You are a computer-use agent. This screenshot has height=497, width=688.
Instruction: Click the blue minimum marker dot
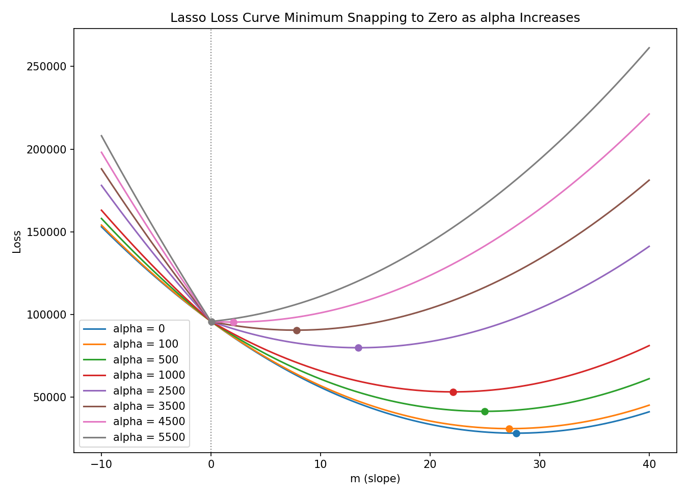pyautogui.click(x=516, y=433)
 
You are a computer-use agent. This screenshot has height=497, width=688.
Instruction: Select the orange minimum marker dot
pyautogui.click(x=509, y=429)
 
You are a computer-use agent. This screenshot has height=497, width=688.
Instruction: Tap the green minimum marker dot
pyautogui.click(x=485, y=411)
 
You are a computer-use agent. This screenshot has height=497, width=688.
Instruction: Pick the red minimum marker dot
pyautogui.click(x=453, y=393)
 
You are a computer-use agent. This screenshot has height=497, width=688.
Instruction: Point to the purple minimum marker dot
pyautogui.click(x=358, y=348)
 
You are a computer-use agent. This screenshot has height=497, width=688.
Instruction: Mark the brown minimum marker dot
pyautogui.click(x=297, y=330)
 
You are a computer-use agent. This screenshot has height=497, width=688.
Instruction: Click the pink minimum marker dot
pyautogui.click(x=233, y=323)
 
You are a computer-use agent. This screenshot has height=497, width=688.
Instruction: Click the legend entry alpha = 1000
pyautogui.click(x=134, y=375)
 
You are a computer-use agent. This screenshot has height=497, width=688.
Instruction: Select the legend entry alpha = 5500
pyautogui.click(x=134, y=437)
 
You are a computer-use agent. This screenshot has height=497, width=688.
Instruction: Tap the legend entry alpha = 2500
pyautogui.click(x=134, y=391)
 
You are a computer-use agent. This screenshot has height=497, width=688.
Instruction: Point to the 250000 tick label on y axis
pyautogui.click(x=47, y=67)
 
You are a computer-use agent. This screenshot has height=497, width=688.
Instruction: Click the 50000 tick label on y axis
pyautogui.click(x=50, y=398)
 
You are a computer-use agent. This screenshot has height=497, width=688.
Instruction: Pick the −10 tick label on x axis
pyautogui.click(x=101, y=464)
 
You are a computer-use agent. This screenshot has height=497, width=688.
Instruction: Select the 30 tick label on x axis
pyautogui.click(x=540, y=464)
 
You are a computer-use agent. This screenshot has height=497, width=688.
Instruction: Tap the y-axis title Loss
pyautogui.click(x=17, y=242)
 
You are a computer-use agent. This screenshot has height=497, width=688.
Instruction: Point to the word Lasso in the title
pyautogui.click(x=189, y=17)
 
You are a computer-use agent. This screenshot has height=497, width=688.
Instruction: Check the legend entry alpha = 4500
pyautogui.click(x=134, y=422)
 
